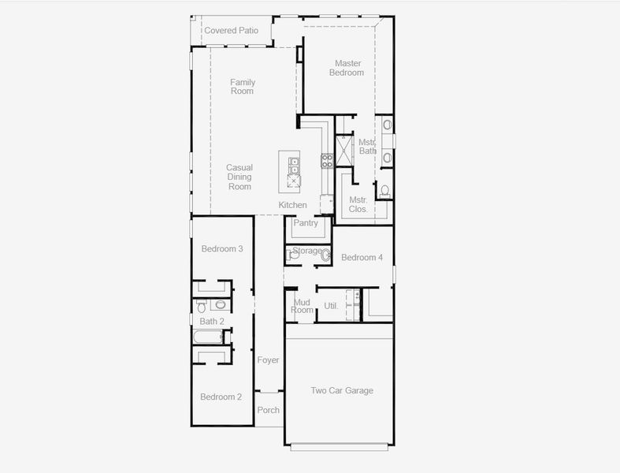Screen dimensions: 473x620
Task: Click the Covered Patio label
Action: [x=232, y=31]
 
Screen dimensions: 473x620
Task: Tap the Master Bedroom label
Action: [x=348, y=68]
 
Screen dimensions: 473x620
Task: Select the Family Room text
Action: [x=242, y=87]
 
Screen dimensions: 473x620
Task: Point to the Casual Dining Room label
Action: [x=239, y=177]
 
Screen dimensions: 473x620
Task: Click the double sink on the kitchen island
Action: [x=294, y=166]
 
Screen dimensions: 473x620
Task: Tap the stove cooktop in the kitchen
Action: [x=327, y=161]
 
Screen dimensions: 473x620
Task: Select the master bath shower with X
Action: [x=344, y=151]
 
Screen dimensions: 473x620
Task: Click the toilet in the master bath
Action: [x=384, y=192]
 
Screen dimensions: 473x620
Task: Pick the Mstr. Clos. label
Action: [x=358, y=205]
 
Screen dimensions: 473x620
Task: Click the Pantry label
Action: [x=306, y=223]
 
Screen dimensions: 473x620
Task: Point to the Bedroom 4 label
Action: [x=362, y=258]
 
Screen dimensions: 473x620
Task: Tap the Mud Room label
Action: [x=303, y=306]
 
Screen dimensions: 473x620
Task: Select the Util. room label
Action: [x=331, y=306]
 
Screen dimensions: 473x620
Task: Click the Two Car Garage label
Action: [x=341, y=391]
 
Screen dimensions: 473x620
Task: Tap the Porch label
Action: [x=268, y=410]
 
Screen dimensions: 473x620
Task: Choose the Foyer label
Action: [x=268, y=360]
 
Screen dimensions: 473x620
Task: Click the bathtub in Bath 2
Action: [x=208, y=337]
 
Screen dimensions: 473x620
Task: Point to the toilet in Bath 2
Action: [x=221, y=304]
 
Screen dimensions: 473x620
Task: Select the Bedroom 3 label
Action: [x=221, y=249]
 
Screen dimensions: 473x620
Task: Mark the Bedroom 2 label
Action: [x=221, y=397]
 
